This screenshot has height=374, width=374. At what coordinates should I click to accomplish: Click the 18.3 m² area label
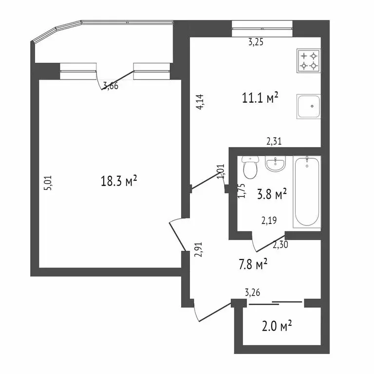tap(118, 181)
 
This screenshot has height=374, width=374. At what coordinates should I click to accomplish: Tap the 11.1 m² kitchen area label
tap(260, 98)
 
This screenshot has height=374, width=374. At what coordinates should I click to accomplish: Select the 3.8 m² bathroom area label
tap(271, 195)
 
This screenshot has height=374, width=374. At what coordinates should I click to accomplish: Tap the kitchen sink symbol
tap(308, 106)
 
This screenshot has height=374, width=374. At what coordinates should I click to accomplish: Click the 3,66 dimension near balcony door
tap(110, 86)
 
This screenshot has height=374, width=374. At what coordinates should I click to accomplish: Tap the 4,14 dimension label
tap(200, 102)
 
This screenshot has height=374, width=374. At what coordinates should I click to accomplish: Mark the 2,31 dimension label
tap(274, 142)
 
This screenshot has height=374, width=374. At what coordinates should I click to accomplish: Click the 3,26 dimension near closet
tap(252, 292)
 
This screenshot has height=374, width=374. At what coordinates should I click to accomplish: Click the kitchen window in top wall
tap(262, 26)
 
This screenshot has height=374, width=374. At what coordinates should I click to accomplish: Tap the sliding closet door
tap(276, 303)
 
